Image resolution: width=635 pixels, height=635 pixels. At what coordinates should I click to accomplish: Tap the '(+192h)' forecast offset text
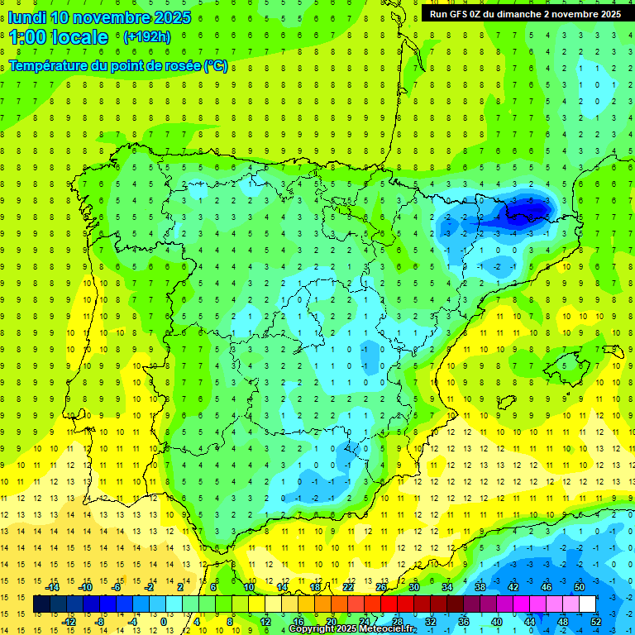click(x=146, y=37)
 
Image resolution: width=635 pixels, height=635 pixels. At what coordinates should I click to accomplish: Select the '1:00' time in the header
click(x=27, y=37)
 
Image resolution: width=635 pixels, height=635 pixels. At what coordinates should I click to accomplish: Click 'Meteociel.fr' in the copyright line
click(x=383, y=629)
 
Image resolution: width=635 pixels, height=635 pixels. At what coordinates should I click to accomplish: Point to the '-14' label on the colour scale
click(x=52, y=587)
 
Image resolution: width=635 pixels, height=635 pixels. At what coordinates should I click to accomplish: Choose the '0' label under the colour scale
click(x=164, y=622)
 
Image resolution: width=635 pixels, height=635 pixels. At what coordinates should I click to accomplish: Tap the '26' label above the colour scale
click(x=381, y=587)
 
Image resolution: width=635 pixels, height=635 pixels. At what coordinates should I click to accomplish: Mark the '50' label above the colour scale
click(x=580, y=587)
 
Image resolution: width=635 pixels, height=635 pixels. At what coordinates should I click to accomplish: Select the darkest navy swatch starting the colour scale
click(x=41, y=604)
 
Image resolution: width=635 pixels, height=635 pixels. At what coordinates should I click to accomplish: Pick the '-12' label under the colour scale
click(x=69, y=622)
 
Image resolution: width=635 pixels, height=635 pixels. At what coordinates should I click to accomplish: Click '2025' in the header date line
click(x=172, y=17)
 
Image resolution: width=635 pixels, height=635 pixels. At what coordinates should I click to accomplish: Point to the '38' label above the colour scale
click(x=480, y=587)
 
